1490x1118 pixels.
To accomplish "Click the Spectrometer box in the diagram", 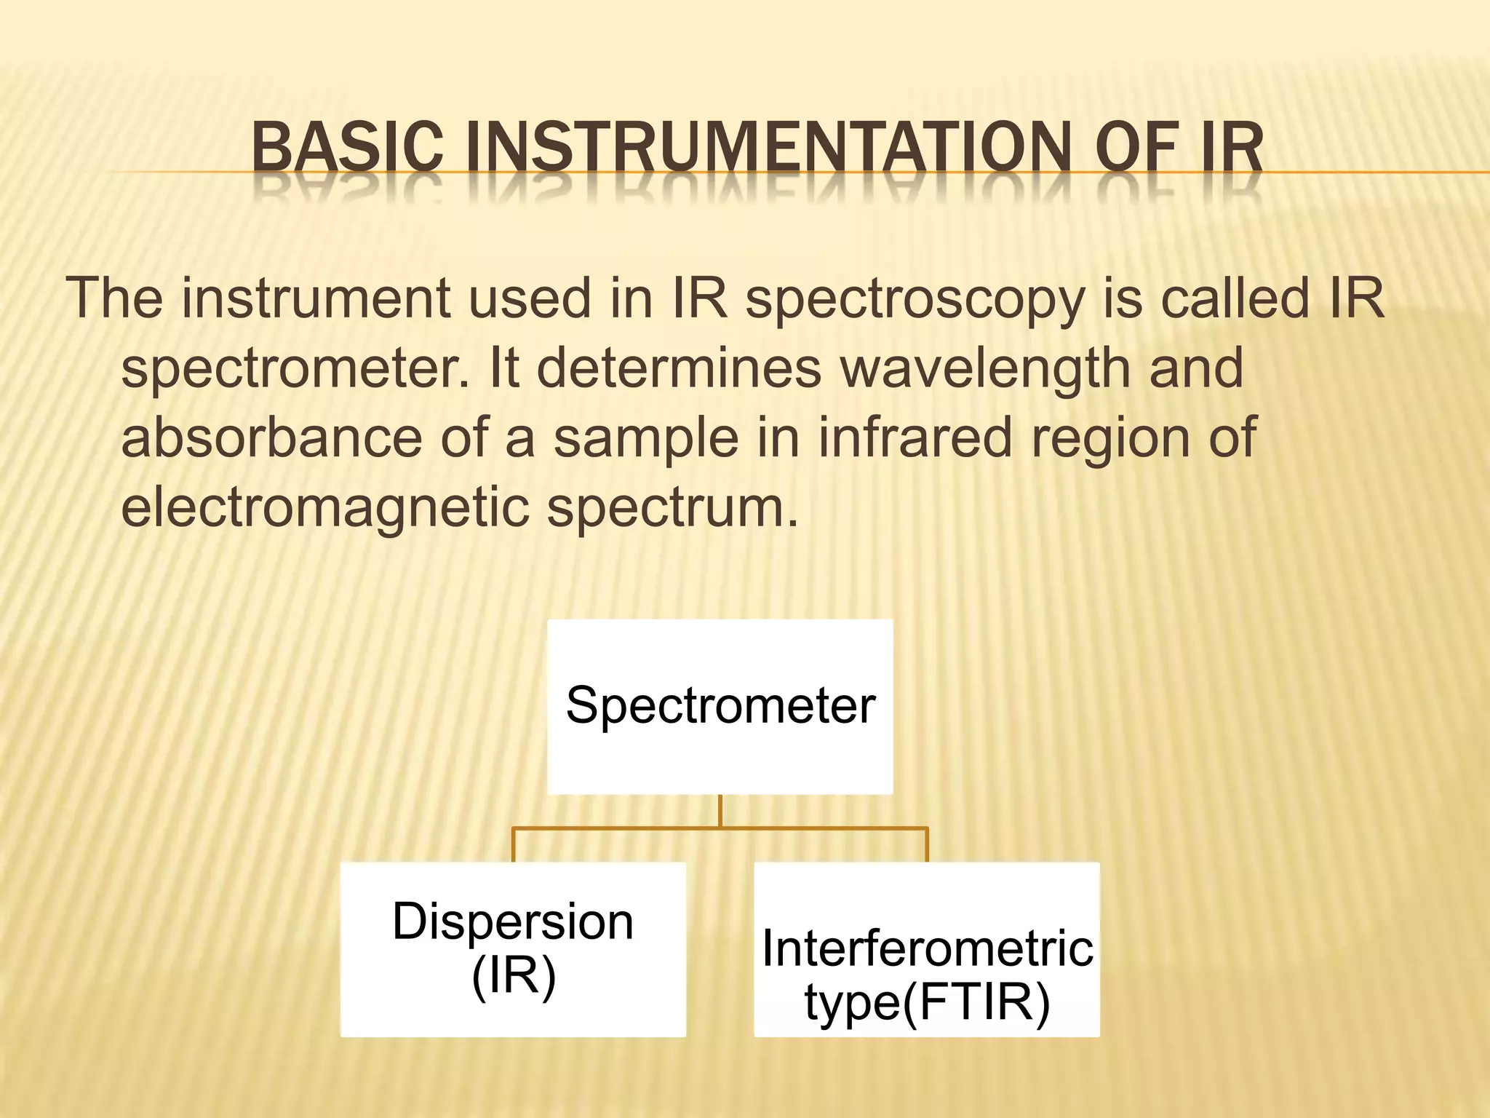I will point(720,706).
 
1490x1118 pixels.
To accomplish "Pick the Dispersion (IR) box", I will point(513,949).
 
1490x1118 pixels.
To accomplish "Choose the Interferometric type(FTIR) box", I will point(927,949).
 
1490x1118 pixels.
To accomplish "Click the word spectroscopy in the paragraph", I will point(915,300).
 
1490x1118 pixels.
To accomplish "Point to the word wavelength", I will point(985,368).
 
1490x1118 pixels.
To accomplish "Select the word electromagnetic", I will point(324,507).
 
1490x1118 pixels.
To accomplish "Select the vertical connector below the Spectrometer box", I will point(720,811).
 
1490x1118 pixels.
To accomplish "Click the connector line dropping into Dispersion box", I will point(514,845).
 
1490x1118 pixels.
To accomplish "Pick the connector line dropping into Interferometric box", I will point(927,845).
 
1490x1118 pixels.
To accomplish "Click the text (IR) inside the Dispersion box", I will point(514,975).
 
